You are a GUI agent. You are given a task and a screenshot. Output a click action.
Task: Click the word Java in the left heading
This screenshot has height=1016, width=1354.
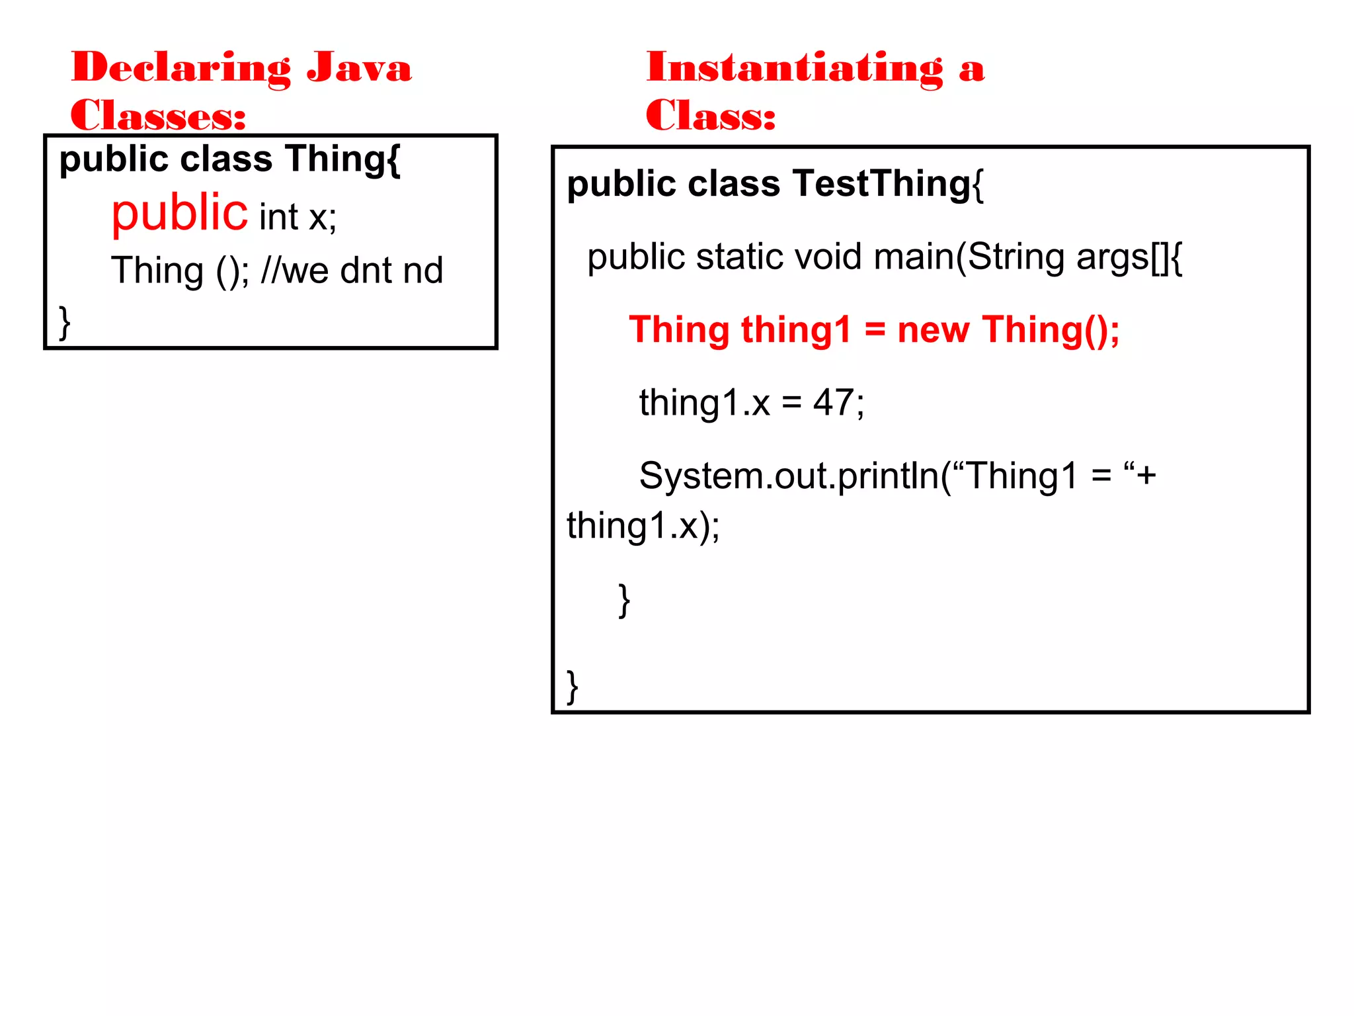[x=359, y=68]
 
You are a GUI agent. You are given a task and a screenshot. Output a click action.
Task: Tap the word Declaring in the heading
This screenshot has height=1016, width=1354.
[x=180, y=68]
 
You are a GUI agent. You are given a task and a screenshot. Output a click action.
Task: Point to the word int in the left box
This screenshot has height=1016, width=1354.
[x=279, y=217]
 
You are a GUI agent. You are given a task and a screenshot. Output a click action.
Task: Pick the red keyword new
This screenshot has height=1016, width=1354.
[x=933, y=329]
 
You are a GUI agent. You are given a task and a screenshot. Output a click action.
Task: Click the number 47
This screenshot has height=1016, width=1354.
[x=833, y=402]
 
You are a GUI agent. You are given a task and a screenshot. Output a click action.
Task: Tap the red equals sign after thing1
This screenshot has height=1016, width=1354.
[x=875, y=329]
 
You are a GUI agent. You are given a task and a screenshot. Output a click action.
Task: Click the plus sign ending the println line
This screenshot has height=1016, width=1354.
[x=1146, y=476]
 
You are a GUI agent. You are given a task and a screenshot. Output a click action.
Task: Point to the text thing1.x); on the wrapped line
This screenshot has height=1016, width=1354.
[x=643, y=527]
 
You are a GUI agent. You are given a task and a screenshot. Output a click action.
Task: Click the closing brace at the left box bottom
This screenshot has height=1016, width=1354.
[x=64, y=323]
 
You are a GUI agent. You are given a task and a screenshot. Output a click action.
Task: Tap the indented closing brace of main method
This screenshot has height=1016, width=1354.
[x=623, y=601]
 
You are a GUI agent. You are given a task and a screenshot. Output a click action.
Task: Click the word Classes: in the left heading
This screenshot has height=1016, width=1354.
[x=159, y=116]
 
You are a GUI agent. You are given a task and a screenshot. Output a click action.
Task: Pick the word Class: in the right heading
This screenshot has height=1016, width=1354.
[x=711, y=116]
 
